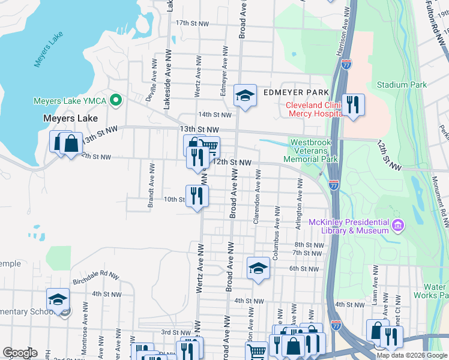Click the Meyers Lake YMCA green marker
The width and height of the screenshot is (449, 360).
[116, 100]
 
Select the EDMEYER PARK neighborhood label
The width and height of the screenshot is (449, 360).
[296, 92]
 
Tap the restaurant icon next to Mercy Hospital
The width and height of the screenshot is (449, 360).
[353, 105]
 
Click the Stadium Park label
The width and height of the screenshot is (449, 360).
[402, 85]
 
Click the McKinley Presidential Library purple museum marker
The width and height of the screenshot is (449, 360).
[397, 226]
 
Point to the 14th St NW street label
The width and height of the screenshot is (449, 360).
[214, 115]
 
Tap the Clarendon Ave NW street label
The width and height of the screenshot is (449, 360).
[256, 197]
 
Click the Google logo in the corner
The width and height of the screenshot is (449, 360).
[20, 353]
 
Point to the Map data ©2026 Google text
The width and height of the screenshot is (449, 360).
[411, 355]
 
